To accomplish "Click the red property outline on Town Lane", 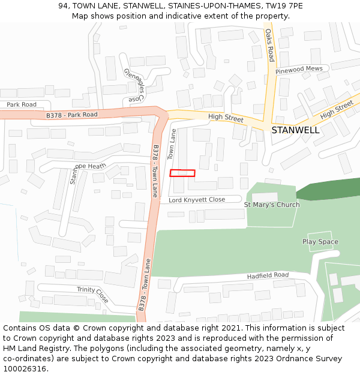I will [182, 173].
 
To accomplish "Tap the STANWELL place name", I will [295, 130].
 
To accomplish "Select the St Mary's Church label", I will [271, 205].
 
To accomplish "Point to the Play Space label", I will [320, 242].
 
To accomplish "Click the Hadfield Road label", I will [268, 275].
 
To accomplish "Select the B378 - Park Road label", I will [71, 115].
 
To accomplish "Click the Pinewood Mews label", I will [299, 70].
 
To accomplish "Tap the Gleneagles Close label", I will [134, 85].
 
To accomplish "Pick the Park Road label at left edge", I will [21, 104].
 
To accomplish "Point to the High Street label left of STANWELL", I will [226, 118].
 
